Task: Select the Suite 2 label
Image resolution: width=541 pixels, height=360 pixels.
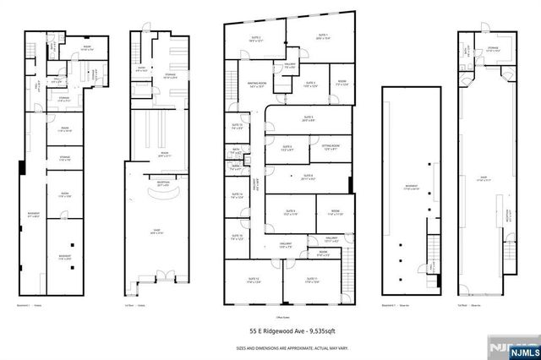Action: tap(254, 38)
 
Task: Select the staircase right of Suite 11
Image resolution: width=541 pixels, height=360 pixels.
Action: tap(344, 279)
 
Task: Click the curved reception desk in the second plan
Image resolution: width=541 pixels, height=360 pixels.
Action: tap(161, 194)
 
